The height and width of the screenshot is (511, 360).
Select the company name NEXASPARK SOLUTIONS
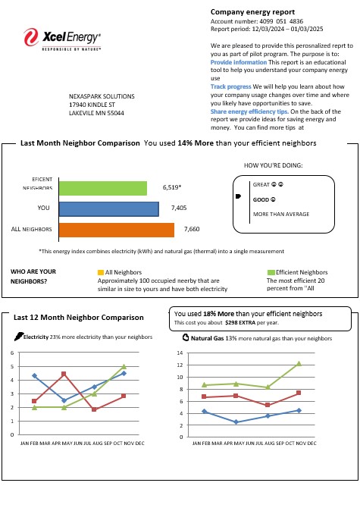[x=102, y=97]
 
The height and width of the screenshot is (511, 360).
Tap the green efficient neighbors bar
[x=102, y=188]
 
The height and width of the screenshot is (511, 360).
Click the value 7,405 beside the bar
[x=179, y=207]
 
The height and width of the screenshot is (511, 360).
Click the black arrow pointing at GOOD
[x=239, y=197]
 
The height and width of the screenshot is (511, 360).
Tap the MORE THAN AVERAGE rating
[x=280, y=215]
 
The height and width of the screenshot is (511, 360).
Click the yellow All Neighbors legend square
[x=101, y=271]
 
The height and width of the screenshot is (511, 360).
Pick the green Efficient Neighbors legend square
[x=271, y=271]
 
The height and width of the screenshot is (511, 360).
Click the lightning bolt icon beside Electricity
[x=18, y=336]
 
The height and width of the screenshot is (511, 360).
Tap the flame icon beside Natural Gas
[x=186, y=337]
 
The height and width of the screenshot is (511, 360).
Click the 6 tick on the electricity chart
[x=12, y=353]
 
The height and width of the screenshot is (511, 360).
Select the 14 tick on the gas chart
[x=180, y=353]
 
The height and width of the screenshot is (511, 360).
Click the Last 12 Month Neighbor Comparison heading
[x=79, y=318]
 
